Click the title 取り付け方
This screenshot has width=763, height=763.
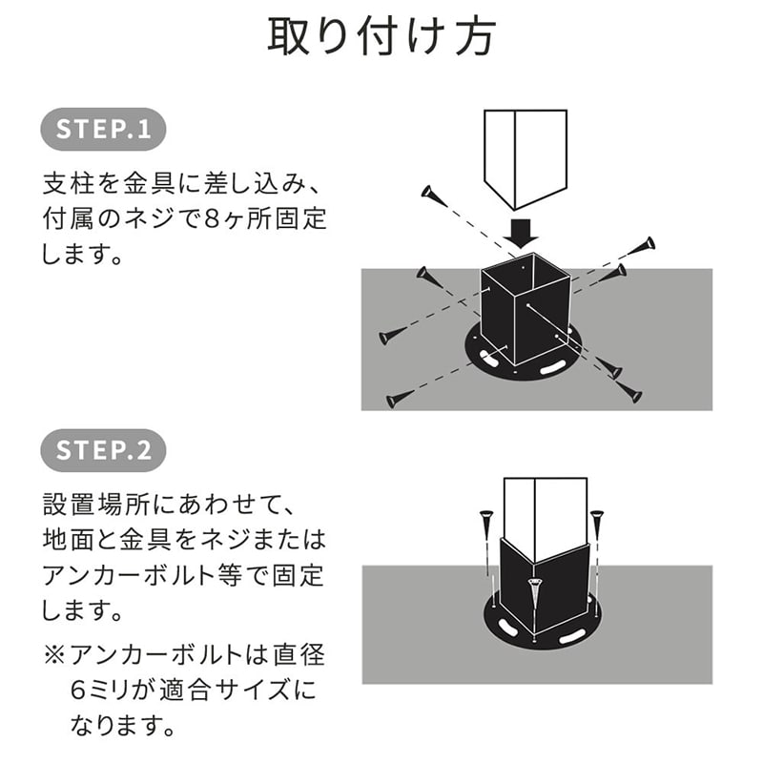pos(381,38)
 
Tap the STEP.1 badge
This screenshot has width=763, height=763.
pos(104,131)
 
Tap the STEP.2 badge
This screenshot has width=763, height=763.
pos(104,450)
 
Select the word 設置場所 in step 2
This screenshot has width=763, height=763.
pos(103,503)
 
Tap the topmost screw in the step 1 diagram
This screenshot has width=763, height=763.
pos(432,195)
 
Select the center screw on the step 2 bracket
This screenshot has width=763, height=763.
pos(534,597)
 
